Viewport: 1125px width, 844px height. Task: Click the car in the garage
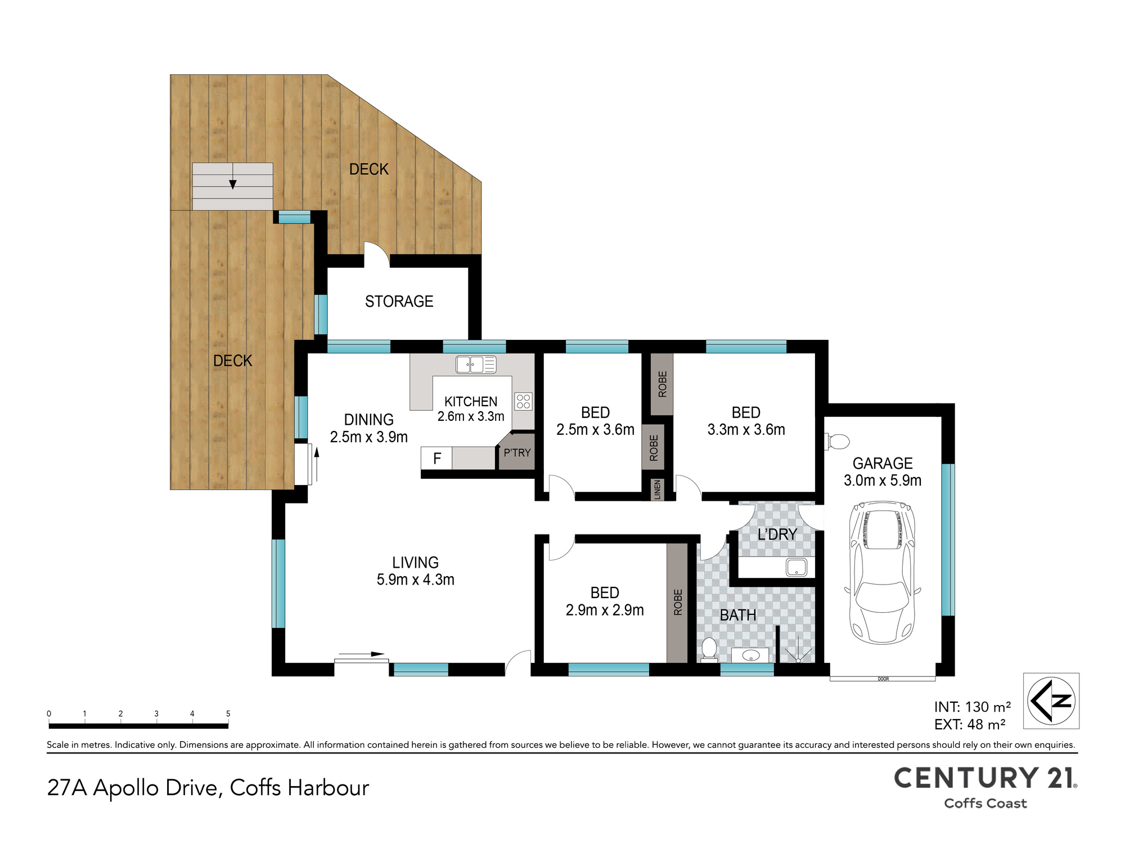pos(883,572)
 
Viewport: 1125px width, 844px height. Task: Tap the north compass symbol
pos(1051,701)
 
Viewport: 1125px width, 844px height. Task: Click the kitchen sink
pos(476,365)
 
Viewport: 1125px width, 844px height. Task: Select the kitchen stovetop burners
pos(523,401)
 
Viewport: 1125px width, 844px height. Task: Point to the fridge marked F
pos(436,459)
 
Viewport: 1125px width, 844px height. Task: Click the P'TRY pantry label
pos(517,452)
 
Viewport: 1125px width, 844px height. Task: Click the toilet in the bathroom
pos(709,650)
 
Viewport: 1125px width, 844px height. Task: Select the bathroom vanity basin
pos(750,656)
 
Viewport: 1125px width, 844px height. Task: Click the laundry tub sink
pos(796,568)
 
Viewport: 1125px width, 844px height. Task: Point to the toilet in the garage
pos(837,442)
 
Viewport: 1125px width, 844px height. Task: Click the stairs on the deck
pos(233,187)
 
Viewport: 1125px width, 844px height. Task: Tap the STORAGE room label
pos(399,302)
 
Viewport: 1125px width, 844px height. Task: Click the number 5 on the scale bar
pos(228,713)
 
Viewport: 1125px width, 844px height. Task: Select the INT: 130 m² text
pos(973,707)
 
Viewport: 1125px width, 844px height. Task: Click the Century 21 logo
pos(985,787)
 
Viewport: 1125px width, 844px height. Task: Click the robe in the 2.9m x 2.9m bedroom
pos(677,603)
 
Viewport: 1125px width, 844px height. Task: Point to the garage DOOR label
pos(883,679)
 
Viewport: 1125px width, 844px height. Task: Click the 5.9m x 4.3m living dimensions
pos(416,580)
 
